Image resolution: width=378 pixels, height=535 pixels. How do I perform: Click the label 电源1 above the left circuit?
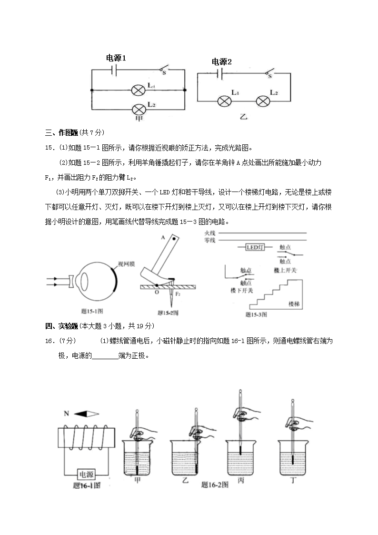pyautogui.click(x=116, y=58)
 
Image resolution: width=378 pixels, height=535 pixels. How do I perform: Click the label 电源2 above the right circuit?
pyautogui.click(x=221, y=62)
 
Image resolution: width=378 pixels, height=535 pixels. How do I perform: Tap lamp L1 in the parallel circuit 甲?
pyautogui.click(x=139, y=89)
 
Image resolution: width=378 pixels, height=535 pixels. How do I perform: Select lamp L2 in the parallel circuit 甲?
pyautogui.click(x=139, y=108)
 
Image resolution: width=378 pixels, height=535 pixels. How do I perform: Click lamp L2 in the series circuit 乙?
pyautogui.click(x=263, y=101)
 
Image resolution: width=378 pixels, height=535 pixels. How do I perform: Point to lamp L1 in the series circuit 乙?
pyautogui.click(x=224, y=101)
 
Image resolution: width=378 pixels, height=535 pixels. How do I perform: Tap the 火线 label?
pyautogui.click(x=210, y=233)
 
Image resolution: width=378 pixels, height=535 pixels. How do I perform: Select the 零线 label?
pyautogui.click(x=210, y=241)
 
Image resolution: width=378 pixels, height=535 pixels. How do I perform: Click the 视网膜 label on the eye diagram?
pyautogui.click(x=127, y=263)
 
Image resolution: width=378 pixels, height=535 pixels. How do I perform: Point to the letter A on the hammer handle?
pyautogui.click(x=163, y=237)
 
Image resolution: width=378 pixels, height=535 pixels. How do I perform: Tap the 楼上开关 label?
pyautogui.click(x=285, y=270)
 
